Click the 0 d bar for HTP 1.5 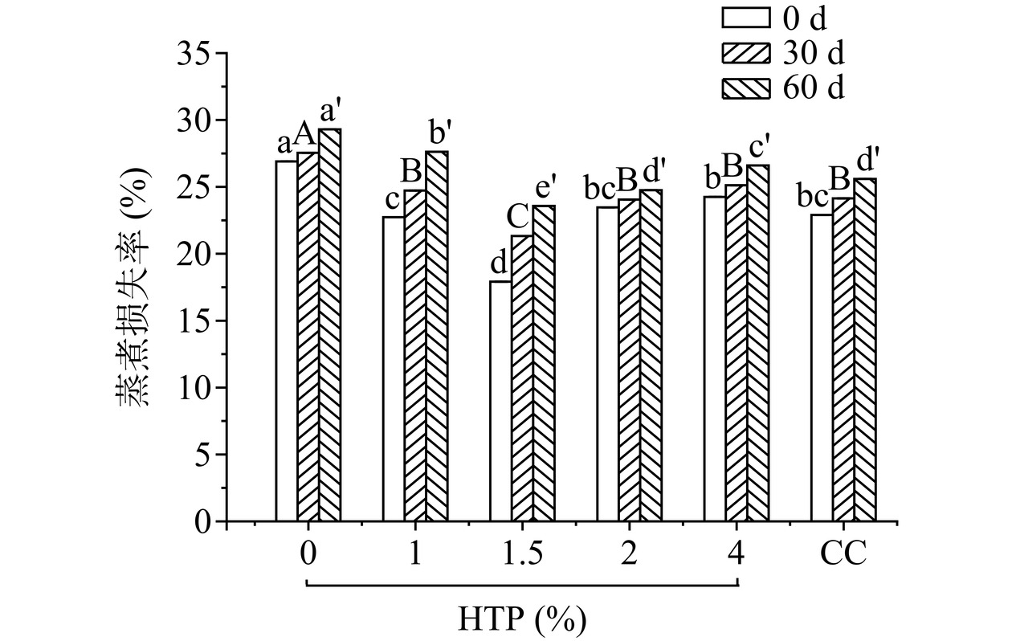[500, 402]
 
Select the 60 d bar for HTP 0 [329, 325]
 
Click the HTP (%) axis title [522, 619]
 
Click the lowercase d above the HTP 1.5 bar [499, 263]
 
